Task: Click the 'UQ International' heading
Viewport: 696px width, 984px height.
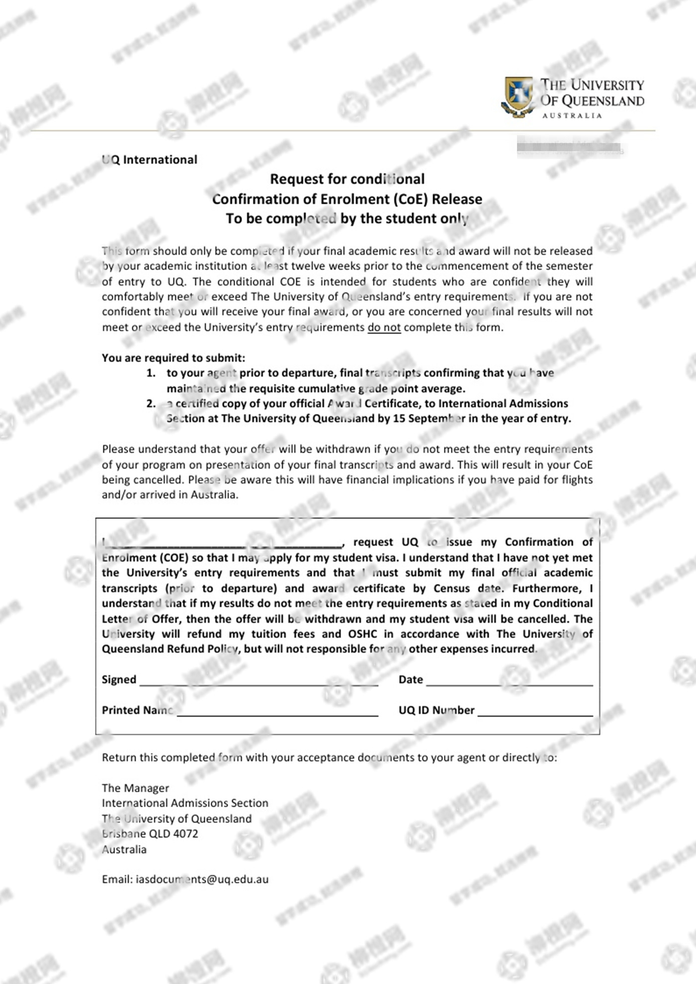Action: coord(150,160)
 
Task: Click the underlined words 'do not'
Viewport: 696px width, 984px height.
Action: coord(384,328)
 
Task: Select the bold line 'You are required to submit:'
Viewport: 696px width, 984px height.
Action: coord(173,358)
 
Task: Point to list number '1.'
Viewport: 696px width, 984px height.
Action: coord(151,373)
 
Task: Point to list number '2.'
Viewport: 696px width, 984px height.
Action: coord(151,404)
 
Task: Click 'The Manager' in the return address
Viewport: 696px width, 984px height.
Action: coord(135,788)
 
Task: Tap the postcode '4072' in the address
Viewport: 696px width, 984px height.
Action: coord(185,833)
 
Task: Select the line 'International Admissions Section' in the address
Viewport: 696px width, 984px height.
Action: coord(185,803)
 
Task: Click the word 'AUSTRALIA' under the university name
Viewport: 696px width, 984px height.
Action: coord(572,116)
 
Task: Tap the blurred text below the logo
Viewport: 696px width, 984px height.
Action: coord(570,148)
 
